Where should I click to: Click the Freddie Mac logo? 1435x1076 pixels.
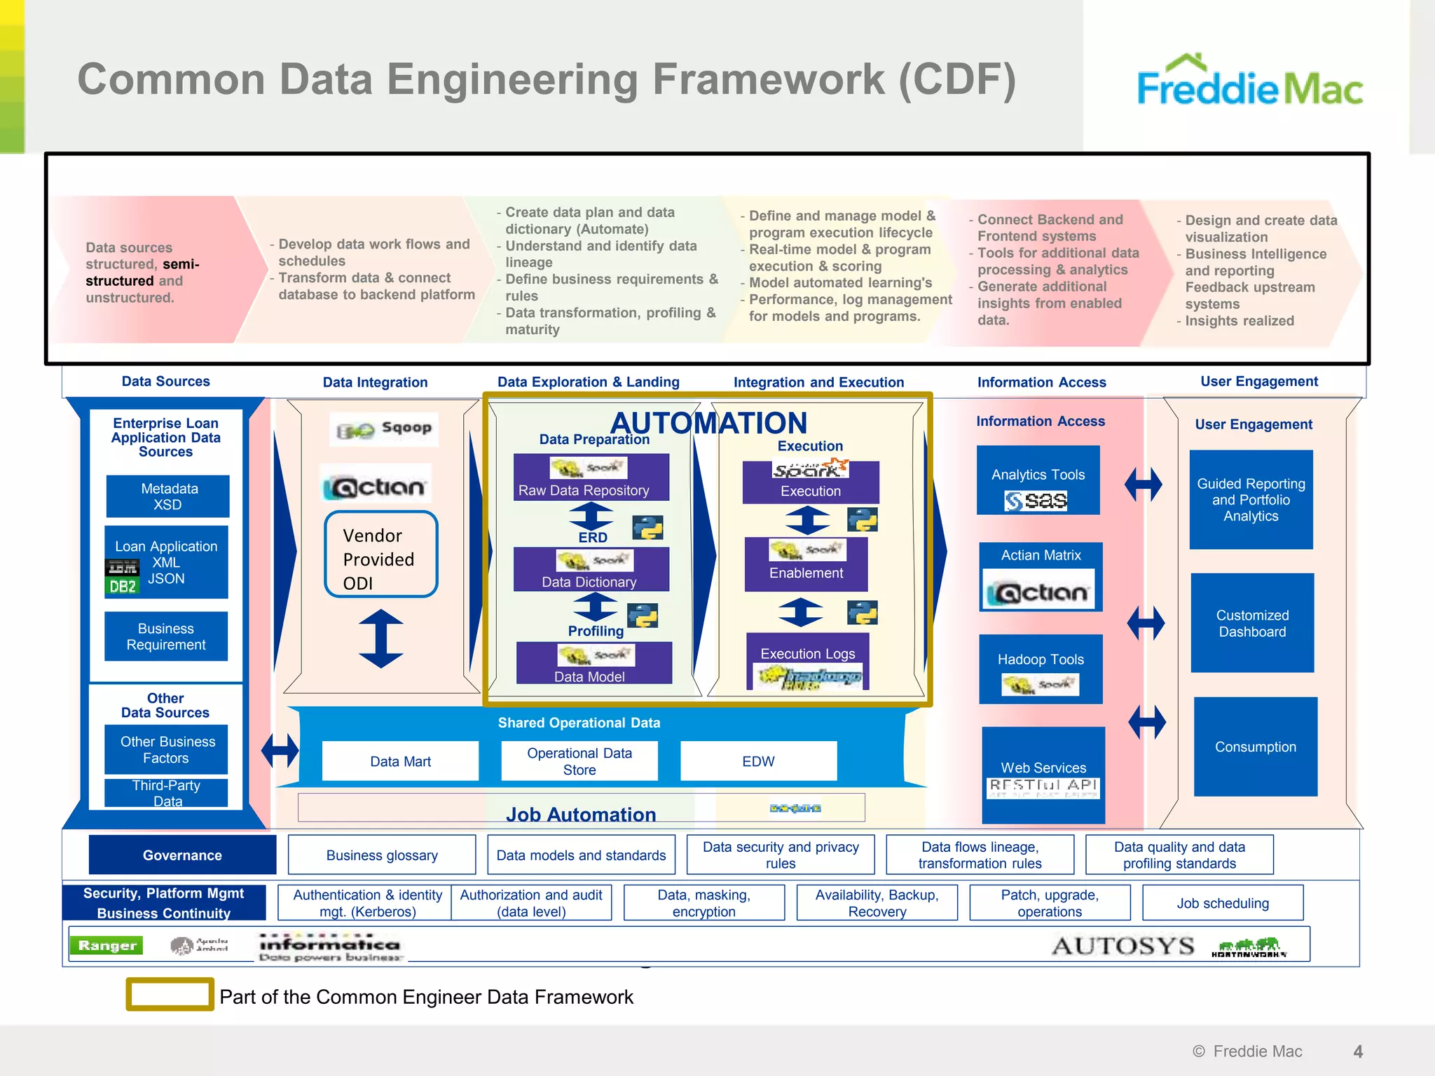point(1249,81)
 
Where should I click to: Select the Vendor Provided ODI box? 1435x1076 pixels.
point(380,554)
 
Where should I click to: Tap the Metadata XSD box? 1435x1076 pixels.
point(167,496)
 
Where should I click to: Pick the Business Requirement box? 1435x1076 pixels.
point(166,636)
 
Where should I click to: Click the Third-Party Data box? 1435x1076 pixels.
point(166,793)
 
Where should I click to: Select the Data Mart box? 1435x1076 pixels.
point(400,761)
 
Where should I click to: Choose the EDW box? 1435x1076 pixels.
point(758,761)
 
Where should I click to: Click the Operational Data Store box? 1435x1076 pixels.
point(579,761)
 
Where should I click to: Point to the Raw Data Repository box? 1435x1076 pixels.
point(591,478)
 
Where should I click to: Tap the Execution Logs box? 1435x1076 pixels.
point(807,661)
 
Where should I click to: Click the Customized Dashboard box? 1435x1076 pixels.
point(1252,623)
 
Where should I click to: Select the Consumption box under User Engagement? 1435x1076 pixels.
point(1255,747)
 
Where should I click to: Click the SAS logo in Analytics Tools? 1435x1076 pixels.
point(1036,500)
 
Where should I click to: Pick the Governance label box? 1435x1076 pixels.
point(182,855)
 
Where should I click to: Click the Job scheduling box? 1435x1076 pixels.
point(1222,903)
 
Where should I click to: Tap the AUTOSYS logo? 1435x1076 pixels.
point(1123,946)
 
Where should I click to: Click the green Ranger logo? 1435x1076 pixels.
point(107,945)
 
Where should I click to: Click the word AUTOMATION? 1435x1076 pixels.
point(708,422)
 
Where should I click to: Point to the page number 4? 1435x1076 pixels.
point(1358,1051)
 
